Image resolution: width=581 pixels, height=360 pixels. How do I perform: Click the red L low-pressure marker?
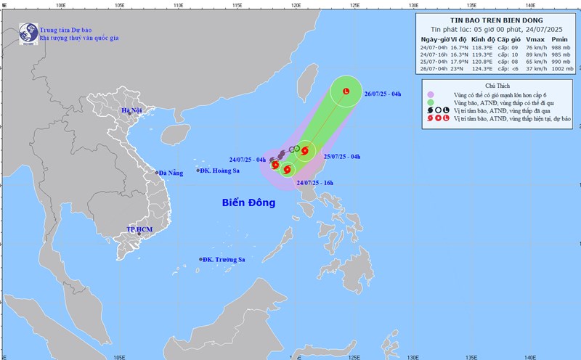(x=346, y=91)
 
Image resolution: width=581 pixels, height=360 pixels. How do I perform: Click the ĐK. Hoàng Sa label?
(x=219, y=171)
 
